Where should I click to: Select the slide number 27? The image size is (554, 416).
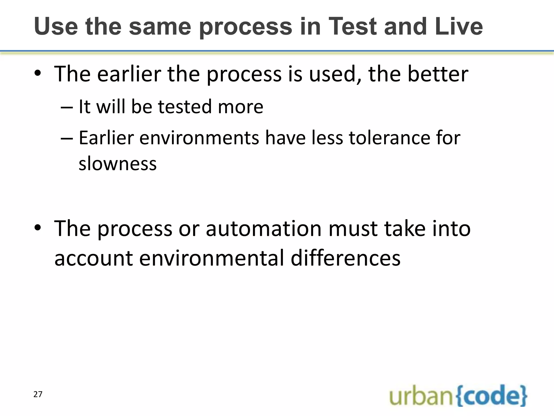38,394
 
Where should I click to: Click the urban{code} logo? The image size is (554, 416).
458,396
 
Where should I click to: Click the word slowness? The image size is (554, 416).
118,164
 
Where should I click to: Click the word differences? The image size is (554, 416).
345,258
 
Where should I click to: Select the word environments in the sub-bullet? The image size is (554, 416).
199,138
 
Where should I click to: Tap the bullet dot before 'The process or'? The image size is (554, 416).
38,228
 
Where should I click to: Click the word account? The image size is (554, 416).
94,258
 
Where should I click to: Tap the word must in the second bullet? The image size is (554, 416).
353,229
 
